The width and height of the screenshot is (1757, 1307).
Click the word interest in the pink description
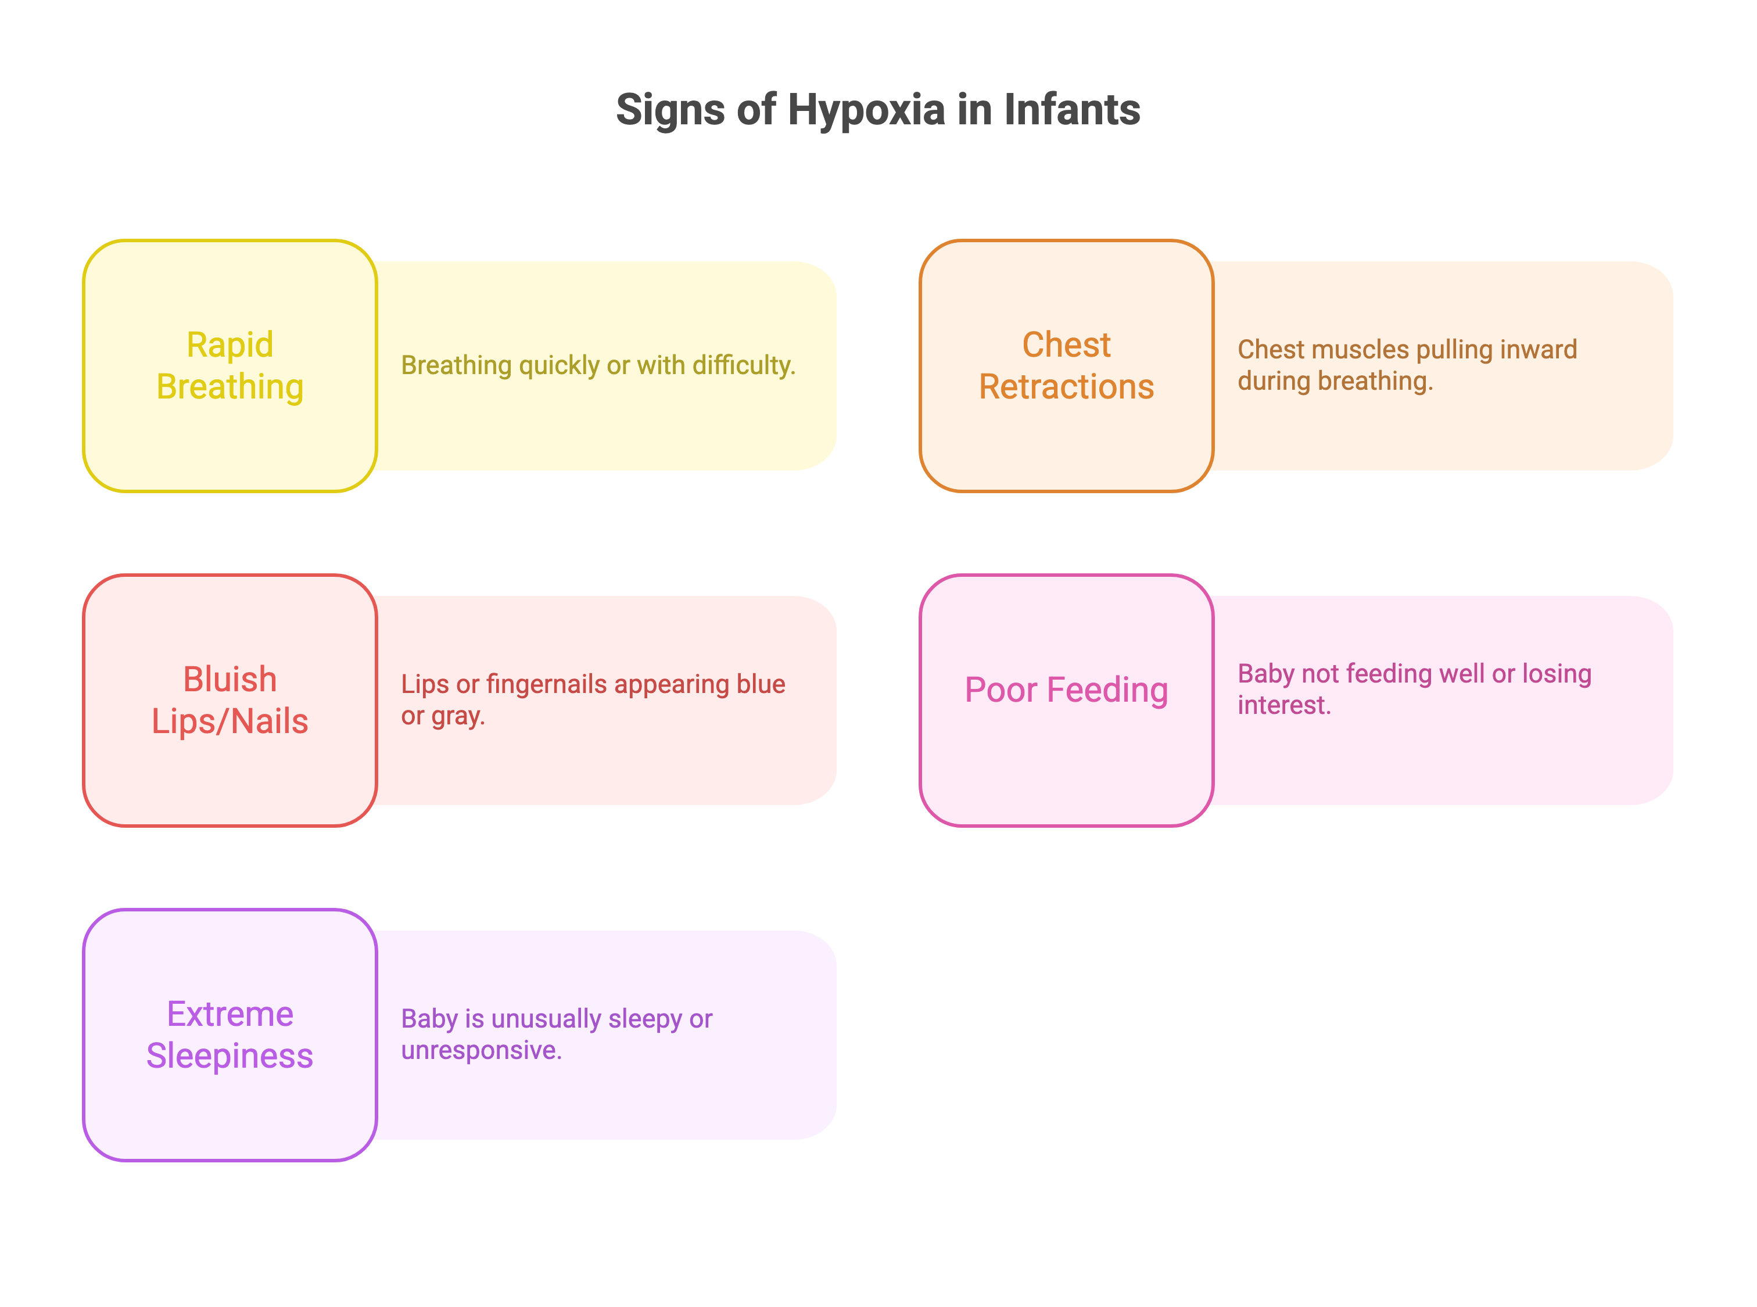tap(1283, 705)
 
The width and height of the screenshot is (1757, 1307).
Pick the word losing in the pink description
tap(1556, 674)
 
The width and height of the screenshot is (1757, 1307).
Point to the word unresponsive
tap(481, 1051)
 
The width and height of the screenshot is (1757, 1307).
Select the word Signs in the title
tap(671, 110)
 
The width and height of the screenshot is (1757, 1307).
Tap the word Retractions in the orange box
tap(1066, 387)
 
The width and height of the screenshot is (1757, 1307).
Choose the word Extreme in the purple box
tap(230, 1014)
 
